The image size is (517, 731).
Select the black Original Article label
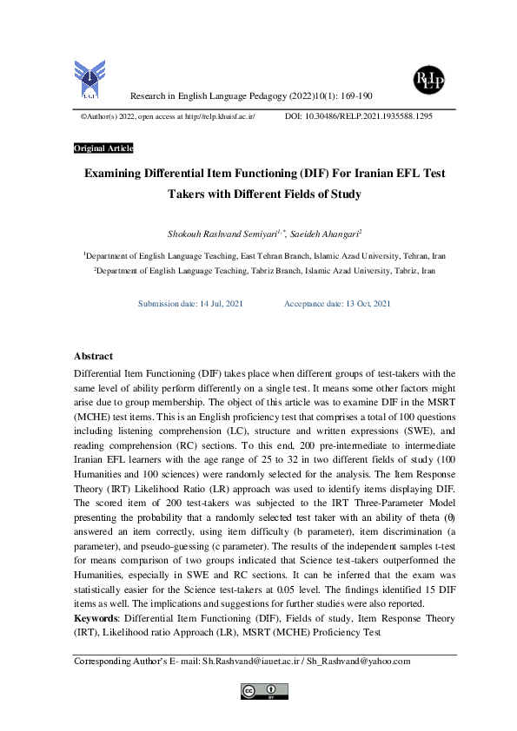[x=103, y=148]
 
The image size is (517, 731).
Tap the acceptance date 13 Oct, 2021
[x=358, y=303]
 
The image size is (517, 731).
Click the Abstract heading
[x=93, y=356]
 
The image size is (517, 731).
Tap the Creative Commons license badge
[x=263, y=690]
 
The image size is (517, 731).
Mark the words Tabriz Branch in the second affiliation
[x=274, y=271]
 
